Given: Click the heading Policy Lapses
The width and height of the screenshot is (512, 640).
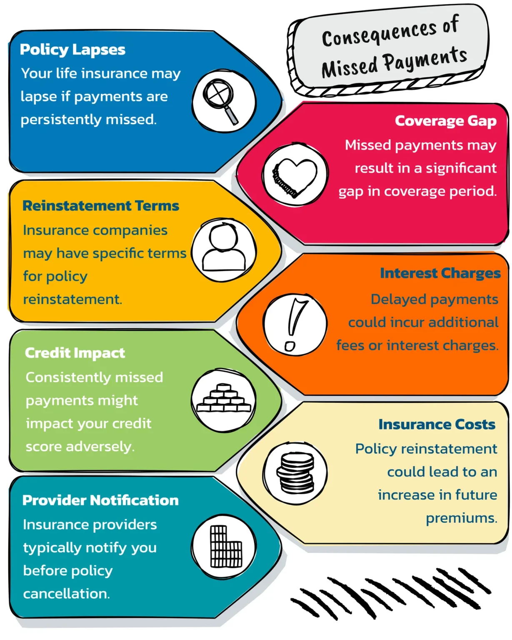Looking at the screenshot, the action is pos(72,50).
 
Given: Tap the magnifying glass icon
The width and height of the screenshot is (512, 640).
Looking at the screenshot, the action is pos(220,101).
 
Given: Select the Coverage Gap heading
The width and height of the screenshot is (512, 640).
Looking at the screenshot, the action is pos(445,121).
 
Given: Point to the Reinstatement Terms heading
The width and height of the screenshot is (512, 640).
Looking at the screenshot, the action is pos(101,205).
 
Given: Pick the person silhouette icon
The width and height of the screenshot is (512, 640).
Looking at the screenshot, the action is pos(224,247).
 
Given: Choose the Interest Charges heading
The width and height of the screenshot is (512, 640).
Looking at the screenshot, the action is pos(440,273).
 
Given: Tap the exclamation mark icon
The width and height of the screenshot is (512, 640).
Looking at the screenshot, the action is pos(295,324).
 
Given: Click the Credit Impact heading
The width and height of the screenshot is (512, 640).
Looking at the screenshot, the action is pos(75,353).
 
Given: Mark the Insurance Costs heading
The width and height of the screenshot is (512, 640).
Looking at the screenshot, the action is pos(437,424).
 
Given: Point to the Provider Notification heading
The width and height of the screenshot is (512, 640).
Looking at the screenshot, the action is pos(100,500).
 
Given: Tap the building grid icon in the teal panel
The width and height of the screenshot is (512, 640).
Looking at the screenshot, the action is pos(226,547).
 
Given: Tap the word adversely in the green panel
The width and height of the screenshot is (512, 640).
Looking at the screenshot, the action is pos(100,447).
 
